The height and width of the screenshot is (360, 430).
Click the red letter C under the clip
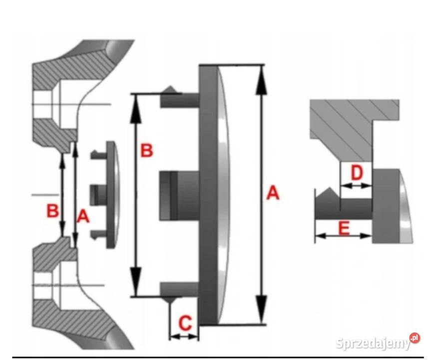185,322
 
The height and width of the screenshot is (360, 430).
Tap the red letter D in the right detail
357,172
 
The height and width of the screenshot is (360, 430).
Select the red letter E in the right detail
344,228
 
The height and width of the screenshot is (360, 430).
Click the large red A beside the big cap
273,193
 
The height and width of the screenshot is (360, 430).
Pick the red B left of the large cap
147,150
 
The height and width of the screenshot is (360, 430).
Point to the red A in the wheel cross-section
83,216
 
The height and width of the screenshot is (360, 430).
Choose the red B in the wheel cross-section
52,211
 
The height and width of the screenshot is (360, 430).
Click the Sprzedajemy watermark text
373,342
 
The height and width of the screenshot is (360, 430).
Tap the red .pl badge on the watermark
415,338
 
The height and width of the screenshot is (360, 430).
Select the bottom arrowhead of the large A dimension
262,309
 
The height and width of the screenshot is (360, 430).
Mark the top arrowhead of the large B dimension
136,109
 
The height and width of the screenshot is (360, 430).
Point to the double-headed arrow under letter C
184,336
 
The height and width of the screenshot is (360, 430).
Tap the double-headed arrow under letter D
356,185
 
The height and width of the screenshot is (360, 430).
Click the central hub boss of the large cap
179,195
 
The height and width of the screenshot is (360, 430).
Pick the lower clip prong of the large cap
180,291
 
